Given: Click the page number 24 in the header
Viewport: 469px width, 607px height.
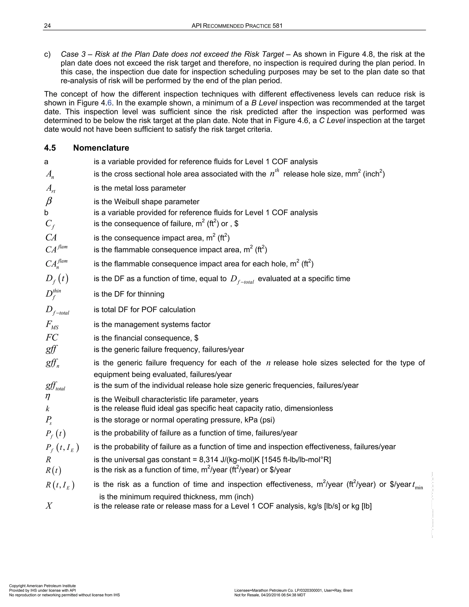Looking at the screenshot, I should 47,26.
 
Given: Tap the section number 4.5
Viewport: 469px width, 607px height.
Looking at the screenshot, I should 50,148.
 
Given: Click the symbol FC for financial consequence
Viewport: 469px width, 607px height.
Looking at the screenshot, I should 52,337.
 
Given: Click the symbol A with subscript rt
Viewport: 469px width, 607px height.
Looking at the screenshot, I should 51,189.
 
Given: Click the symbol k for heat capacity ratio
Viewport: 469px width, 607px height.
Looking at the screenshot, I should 47,408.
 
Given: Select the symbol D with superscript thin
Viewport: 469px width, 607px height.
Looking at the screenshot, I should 53,294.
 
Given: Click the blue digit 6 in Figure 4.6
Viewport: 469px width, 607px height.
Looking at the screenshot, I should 109,103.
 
